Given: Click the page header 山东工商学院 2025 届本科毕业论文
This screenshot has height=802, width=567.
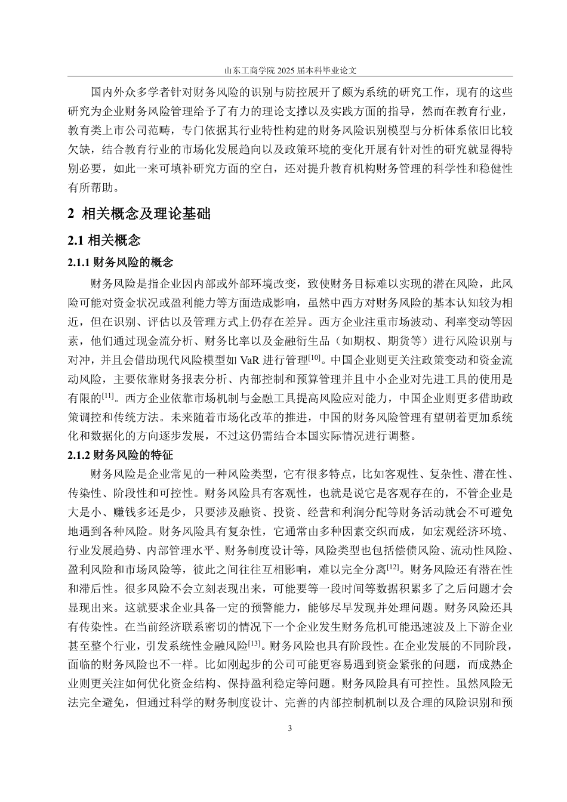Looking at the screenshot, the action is (290, 70).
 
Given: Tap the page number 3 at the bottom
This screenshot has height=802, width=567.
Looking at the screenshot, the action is (290, 728).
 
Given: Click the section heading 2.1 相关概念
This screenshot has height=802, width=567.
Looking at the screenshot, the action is (104, 240).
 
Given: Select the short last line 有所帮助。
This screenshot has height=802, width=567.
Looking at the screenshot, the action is (94, 187).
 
